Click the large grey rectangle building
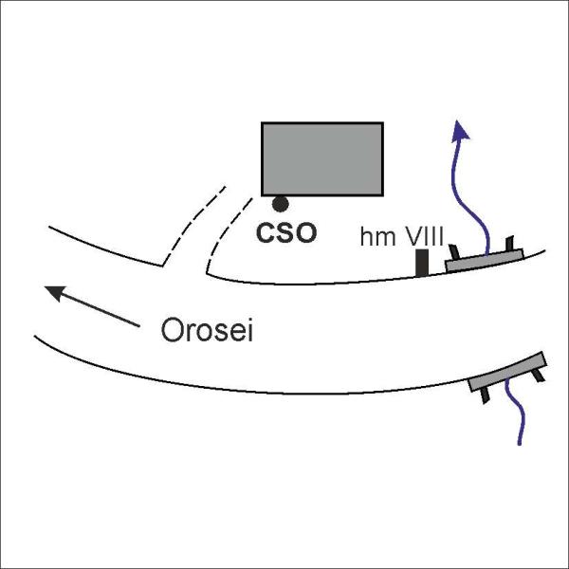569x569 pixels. [x=322, y=159]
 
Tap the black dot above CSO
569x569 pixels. [x=281, y=204]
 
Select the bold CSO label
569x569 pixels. [x=286, y=233]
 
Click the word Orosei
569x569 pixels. [x=207, y=329]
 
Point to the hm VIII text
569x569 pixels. [x=402, y=236]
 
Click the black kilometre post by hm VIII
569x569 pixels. [x=422, y=263]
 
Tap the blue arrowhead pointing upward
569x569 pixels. [x=460, y=130]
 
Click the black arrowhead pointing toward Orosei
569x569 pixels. [x=55, y=293]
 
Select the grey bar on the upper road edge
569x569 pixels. [x=485, y=260]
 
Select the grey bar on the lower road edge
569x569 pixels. [x=507, y=372]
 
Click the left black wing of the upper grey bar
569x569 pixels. [x=454, y=252]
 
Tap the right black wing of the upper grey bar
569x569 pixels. [x=509, y=243]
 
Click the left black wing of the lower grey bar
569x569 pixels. [x=485, y=395]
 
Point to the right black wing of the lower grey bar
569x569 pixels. [x=539, y=376]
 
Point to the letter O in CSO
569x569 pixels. [x=305, y=233]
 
